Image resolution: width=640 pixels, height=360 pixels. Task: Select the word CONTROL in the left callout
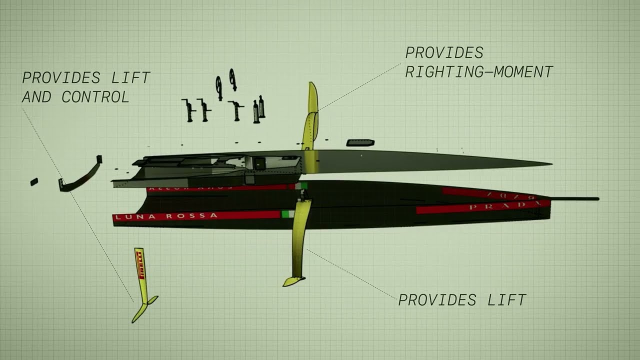[95, 97]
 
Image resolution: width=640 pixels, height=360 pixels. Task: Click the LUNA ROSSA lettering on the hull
[165, 216]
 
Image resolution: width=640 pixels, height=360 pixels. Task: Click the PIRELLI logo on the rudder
[139, 264]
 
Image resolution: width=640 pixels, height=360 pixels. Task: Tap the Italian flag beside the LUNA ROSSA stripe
[285, 214]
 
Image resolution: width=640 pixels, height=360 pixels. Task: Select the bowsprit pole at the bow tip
[575, 199]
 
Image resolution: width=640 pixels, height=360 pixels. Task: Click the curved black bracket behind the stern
[80, 176]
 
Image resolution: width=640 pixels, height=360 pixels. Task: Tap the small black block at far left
[34, 181]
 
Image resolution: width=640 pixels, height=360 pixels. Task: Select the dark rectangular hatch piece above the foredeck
[360, 143]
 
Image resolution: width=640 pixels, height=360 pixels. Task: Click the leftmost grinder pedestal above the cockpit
[189, 110]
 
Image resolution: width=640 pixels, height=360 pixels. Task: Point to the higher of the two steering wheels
[232, 79]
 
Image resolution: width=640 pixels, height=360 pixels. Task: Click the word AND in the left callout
[36, 97]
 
